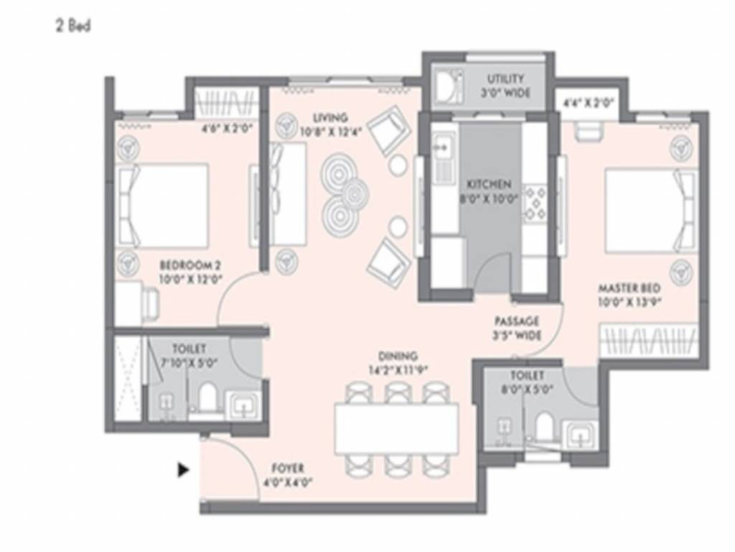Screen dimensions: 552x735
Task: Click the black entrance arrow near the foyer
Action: pos(183,470)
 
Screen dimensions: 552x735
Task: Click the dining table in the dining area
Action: pos(396,428)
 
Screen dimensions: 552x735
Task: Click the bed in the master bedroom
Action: pos(650,210)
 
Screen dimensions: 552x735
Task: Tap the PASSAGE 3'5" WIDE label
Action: pos(517,328)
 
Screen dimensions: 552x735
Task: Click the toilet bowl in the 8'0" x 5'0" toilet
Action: pos(543,425)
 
